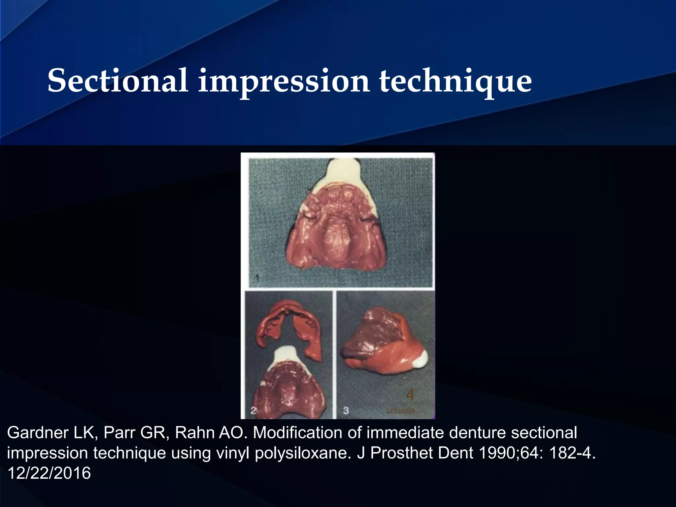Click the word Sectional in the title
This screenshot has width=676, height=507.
(x=118, y=81)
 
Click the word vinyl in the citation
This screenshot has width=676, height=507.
(x=234, y=454)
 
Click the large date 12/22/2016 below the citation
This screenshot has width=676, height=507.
(x=49, y=473)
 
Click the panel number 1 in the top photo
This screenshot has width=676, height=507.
(x=257, y=279)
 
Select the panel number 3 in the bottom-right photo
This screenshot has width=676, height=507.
(x=346, y=411)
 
